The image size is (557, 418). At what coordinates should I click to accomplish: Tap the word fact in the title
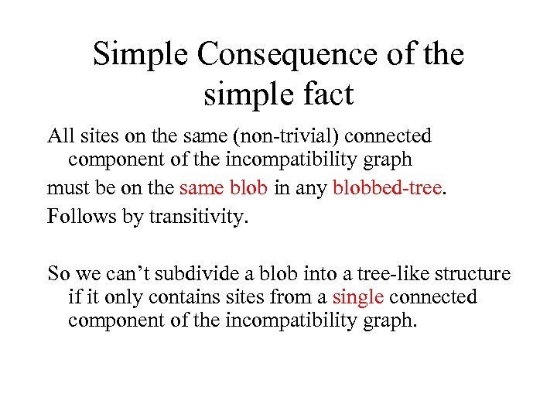(326, 94)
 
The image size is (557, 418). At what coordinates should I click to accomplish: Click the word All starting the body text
(61, 136)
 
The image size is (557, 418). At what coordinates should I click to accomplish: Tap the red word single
(358, 297)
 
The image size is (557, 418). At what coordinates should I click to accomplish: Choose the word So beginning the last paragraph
(59, 274)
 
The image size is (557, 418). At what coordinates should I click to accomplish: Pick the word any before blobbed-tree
(313, 188)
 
